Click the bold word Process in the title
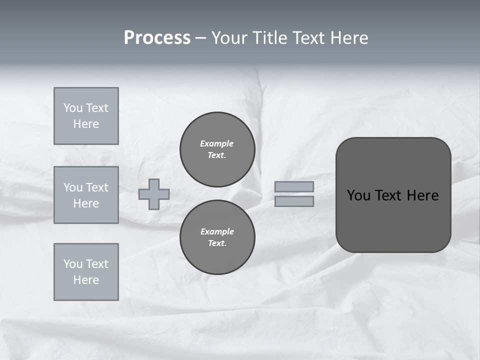(x=157, y=38)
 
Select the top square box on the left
(x=86, y=116)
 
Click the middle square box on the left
(x=86, y=195)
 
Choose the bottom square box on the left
(x=86, y=272)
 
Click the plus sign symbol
(x=154, y=194)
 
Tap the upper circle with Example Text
(x=217, y=149)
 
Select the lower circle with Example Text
(x=217, y=237)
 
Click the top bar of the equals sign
(x=294, y=186)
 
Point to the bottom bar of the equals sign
(x=294, y=201)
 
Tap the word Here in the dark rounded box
(x=422, y=195)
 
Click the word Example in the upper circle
(x=217, y=143)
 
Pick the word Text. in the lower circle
(x=217, y=243)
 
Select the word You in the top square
(x=73, y=108)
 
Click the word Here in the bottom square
(x=86, y=280)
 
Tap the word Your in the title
(x=229, y=38)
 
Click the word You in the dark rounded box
(x=358, y=195)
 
